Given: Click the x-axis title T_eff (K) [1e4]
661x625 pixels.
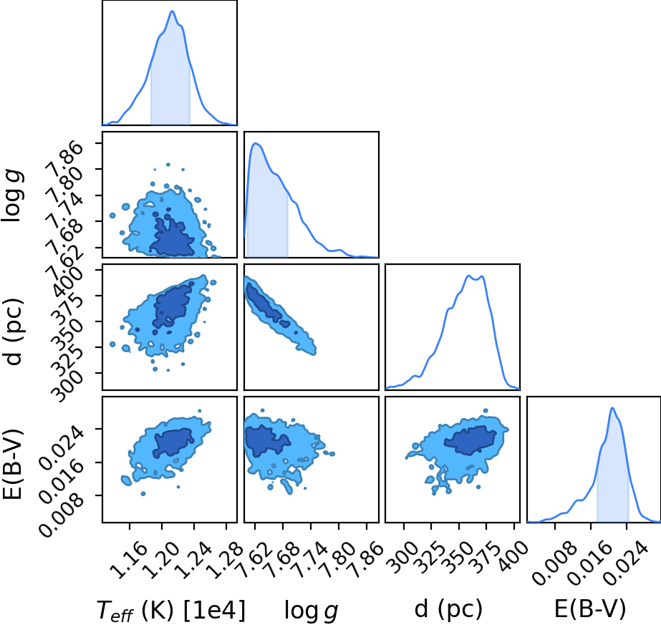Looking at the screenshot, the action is click(x=170, y=610).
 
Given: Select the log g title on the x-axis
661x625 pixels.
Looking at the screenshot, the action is click(x=312, y=610).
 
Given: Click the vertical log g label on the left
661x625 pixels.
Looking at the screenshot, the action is click(x=13, y=195).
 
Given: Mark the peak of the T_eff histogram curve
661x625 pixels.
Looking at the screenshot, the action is click(x=172, y=11).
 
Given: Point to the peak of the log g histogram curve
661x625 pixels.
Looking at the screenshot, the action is click(x=256, y=143).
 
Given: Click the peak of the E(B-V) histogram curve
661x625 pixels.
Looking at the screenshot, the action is click(x=612, y=407).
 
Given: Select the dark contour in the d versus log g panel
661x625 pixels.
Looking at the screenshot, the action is click(x=265, y=305).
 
